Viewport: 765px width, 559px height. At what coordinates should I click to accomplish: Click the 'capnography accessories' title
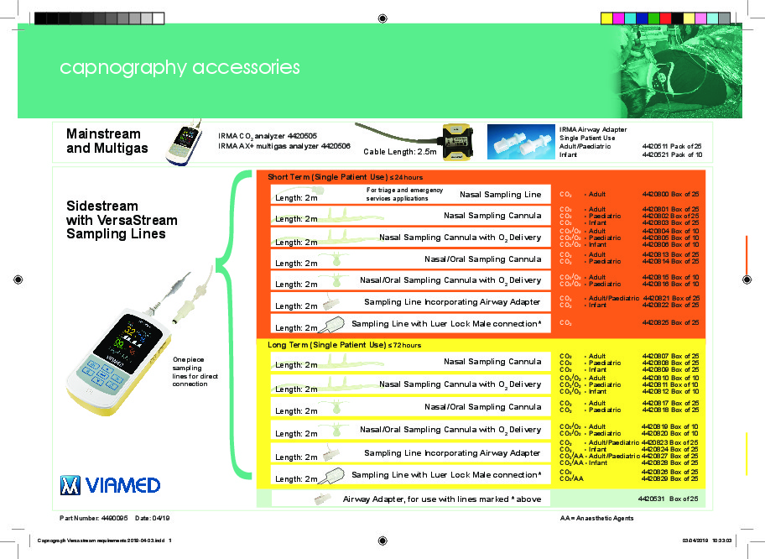[180, 67]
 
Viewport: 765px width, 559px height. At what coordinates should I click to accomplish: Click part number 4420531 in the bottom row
[652, 499]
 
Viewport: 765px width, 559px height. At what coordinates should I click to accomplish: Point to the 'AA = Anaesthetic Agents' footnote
[596, 519]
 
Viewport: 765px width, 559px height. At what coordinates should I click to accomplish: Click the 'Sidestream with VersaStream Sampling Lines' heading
[122, 220]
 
